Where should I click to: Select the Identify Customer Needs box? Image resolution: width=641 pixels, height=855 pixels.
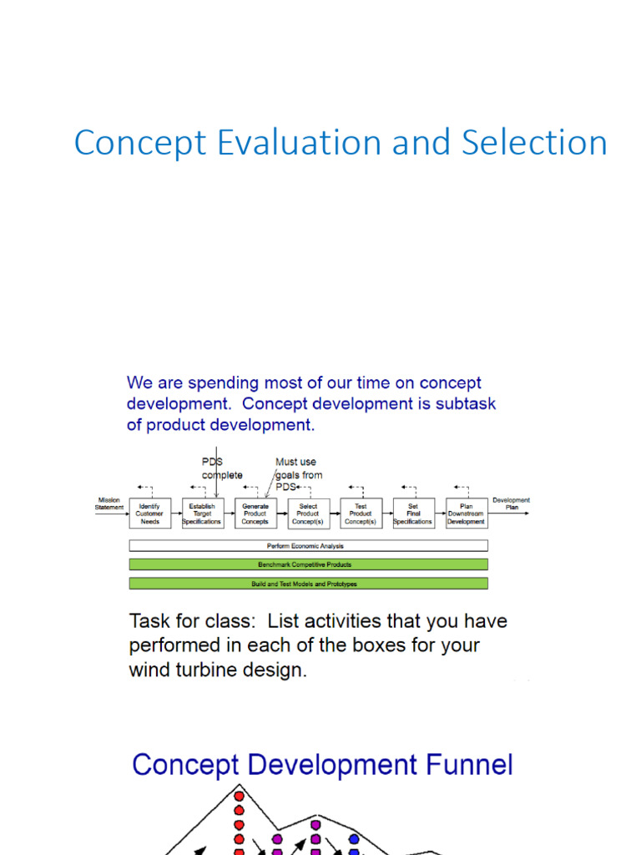[x=149, y=514]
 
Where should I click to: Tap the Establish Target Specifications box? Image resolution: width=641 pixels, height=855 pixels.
[x=202, y=514]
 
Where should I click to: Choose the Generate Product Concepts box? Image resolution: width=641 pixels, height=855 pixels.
[x=255, y=514]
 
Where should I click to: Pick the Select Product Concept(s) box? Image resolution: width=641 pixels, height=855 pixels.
[x=308, y=514]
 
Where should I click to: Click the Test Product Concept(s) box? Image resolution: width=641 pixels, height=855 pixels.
[x=361, y=514]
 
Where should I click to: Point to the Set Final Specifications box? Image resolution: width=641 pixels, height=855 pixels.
[x=413, y=514]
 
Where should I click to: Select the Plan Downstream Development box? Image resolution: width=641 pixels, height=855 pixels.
[x=466, y=514]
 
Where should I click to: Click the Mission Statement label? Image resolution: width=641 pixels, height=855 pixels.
[x=109, y=503]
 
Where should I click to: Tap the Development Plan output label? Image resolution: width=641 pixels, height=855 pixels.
[x=511, y=503]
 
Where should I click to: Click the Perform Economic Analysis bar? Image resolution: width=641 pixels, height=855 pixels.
[x=308, y=545]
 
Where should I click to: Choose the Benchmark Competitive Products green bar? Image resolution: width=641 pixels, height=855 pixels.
[x=308, y=564]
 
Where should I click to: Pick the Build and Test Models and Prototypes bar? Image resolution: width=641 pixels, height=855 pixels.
[x=308, y=584]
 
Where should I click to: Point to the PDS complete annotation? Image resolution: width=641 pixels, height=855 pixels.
[x=222, y=468]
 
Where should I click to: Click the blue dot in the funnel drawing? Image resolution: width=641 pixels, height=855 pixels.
[x=354, y=838]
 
